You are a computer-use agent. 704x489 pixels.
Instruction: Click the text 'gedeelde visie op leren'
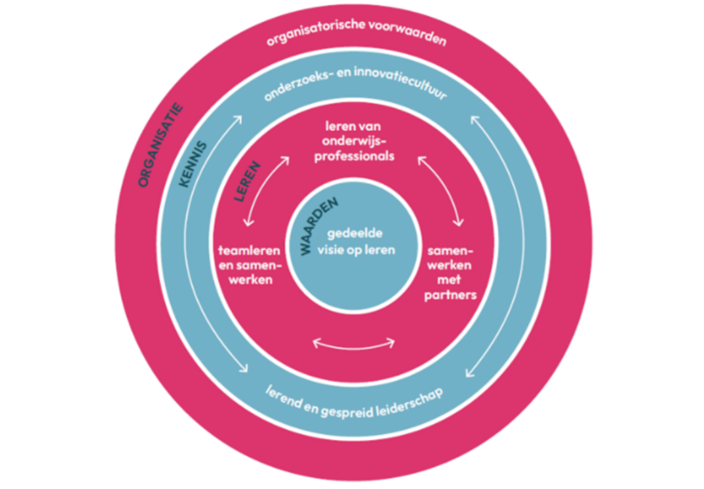(x=361, y=242)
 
